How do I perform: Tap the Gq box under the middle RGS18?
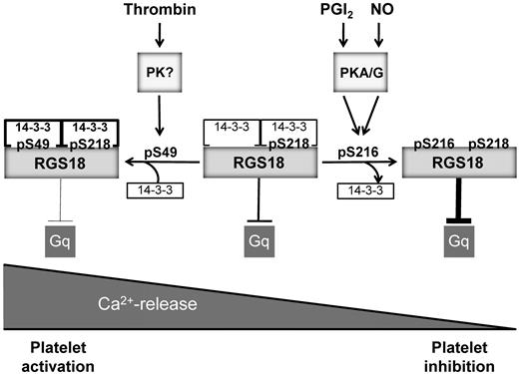click(x=259, y=239)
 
